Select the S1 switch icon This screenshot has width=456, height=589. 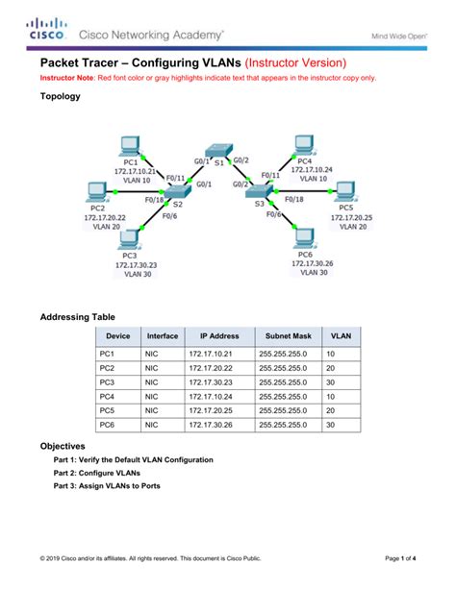[220, 151]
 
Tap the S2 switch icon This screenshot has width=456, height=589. [176, 195]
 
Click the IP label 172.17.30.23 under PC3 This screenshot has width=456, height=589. [136, 264]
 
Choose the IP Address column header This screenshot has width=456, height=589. [219, 336]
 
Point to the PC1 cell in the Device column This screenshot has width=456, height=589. [107, 354]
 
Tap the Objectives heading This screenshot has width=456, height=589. [63, 447]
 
